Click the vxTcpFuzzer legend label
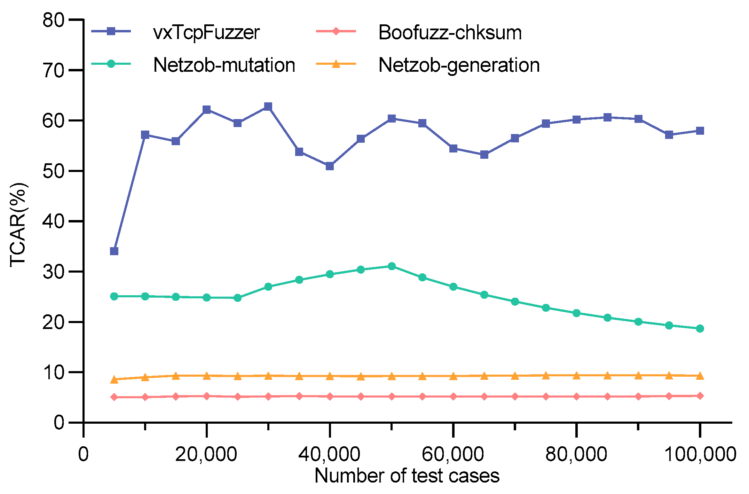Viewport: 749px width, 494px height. tap(206, 33)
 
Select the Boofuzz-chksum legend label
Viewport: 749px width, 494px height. tap(450, 33)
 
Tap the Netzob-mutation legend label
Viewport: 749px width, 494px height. tap(224, 65)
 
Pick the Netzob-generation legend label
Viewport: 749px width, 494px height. tap(459, 65)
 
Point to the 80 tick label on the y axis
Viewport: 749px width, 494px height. tap(54, 20)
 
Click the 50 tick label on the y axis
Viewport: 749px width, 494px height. tap(54, 171)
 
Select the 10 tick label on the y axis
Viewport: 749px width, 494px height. tap(54, 373)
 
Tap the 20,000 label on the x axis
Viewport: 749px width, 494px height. tap(206, 454)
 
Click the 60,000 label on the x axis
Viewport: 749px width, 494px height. tap(452, 454)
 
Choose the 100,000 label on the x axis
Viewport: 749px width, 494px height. tap(700, 454)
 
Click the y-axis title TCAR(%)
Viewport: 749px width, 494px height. tap(18, 225)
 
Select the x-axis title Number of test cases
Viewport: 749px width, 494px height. tap(407, 476)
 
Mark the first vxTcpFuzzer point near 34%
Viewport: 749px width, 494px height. tap(114, 251)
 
